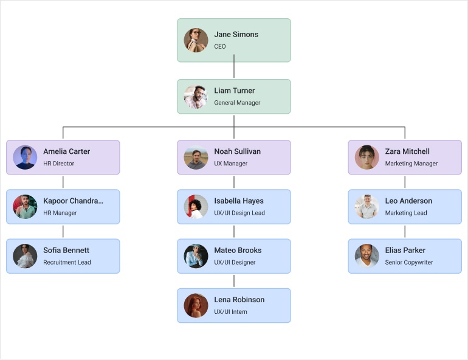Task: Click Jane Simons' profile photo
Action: [196, 40]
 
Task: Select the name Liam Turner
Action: [234, 91]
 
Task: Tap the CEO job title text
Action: [219, 47]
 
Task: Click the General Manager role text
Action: [237, 103]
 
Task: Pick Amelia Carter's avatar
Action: [25, 157]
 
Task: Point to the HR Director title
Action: [58, 164]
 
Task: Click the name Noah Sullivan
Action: [237, 151]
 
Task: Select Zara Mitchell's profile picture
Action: [367, 157]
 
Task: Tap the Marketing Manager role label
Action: [411, 164]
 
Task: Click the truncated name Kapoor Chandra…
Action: [73, 201]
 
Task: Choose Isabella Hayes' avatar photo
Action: [196, 207]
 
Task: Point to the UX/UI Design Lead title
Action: [239, 213]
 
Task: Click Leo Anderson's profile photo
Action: [367, 207]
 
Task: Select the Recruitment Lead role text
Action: [67, 263]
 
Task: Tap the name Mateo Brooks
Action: [238, 250]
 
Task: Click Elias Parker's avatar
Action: [367, 256]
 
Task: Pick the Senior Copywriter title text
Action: [408, 263]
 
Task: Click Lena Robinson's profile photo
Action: [196, 305]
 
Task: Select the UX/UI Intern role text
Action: [230, 312]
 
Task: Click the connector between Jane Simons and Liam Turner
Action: [234, 71]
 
